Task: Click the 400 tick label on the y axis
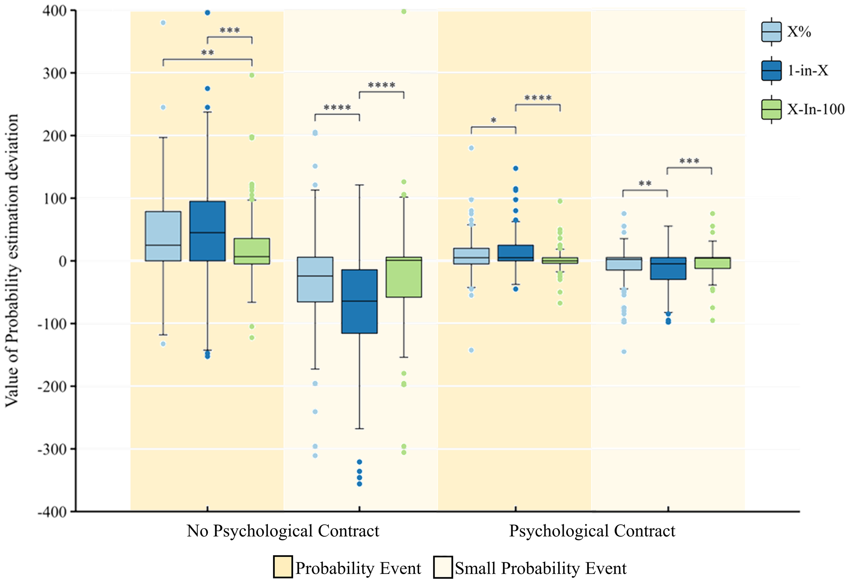(x=54, y=11)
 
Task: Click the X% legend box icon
(x=771, y=32)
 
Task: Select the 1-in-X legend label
(x=808, y=71)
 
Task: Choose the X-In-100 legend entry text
(x=815, y=110)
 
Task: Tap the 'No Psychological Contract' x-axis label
(x=283, y=531)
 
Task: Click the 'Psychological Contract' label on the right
(x=592, y=531)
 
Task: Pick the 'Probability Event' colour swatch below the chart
(x=283, y=567)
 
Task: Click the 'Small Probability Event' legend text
(x=541, y=568)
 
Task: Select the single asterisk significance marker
(x=493, y=120)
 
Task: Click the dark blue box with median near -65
(x=359, y=301)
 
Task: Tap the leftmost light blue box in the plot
(x=163, y=236)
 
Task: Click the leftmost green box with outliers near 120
(x=252, y=251)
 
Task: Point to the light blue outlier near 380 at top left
(x=163, y=23)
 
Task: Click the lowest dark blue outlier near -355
(x=359, y=484)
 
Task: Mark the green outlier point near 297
(x=252, y=75)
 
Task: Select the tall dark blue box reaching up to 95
(x=207, y=231)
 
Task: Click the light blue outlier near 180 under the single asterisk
(x=471, y=148)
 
